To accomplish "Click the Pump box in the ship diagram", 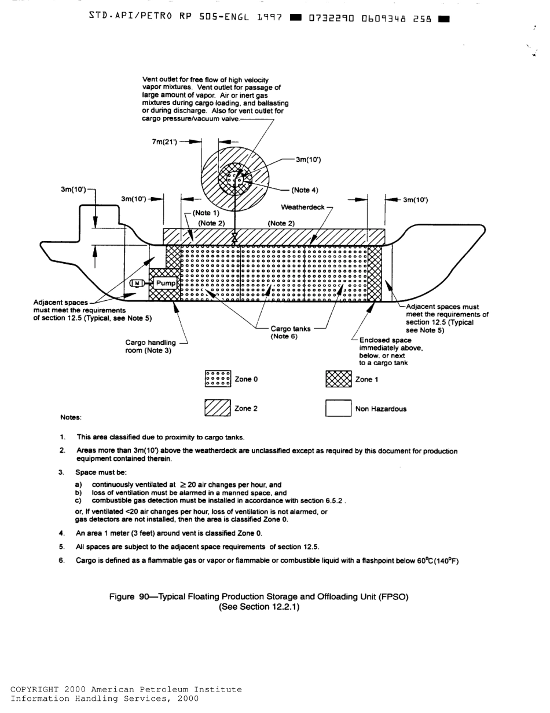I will [166, 283].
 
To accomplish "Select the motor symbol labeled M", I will [138, 283].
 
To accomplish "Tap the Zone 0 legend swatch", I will [218, 379].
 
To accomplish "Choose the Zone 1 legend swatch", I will [339, 379].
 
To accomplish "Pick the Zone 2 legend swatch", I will [218, 409].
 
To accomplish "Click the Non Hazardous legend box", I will [339, 409].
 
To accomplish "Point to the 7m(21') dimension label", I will [164, 141].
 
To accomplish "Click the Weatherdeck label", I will [302, 207].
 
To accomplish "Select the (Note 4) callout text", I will [304, 190].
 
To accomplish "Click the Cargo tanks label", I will [290, 329].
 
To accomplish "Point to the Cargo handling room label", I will [151, 346].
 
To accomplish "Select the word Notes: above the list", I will [71, 417].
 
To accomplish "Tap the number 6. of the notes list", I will [62, 560].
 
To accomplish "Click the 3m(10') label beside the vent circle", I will [308, 160].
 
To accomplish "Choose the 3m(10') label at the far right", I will [415, 200].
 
